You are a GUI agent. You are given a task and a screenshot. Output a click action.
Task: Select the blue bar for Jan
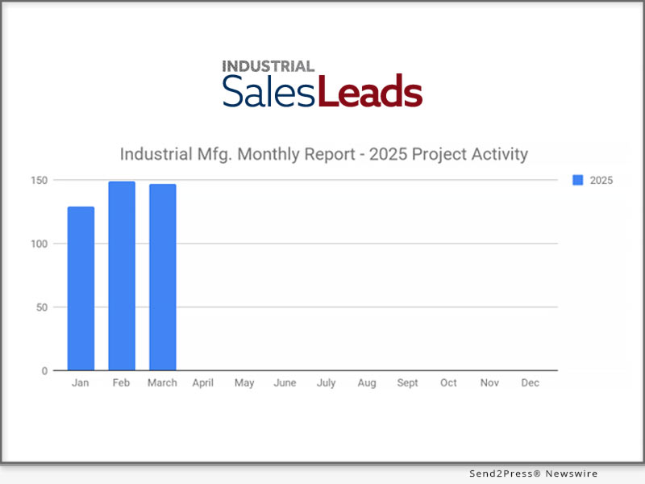pyautogui.click(x=81, y=289)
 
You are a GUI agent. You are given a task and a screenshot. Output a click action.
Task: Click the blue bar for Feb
pyautogui.click(x=122, y=276)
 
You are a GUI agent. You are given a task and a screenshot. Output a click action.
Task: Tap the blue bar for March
pyautogui.click(x=162, y=277)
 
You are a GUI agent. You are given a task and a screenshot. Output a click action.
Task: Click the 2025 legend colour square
pyautogui.click(x=577, y=181)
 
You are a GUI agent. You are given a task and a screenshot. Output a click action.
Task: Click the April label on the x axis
pyautogui.click(x=203, y=383)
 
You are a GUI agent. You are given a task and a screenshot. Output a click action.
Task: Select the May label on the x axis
pyautogui.click(x=244, y=383)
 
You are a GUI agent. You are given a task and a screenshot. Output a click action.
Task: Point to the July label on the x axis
pyautogui.click(x=326, y=383)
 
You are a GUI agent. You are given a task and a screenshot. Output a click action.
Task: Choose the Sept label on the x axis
pyautogui.click(x=407, y=383)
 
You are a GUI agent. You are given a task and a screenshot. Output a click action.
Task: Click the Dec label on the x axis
pyautogui.click(x=530, y=383)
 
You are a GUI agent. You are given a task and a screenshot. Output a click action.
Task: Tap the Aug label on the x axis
pyautogui.click(x=367, y=383)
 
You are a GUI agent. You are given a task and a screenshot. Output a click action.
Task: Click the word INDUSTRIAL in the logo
pyautogui.click(x=268, y=66)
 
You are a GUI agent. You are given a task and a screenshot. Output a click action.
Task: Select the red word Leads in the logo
pyautogui.click(x=370, y=92)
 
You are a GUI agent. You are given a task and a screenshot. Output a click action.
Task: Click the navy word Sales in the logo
pyautogui.click(x=270, y=92)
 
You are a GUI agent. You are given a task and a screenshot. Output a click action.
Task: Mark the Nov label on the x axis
pyautogui.click(x=489, y=383)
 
